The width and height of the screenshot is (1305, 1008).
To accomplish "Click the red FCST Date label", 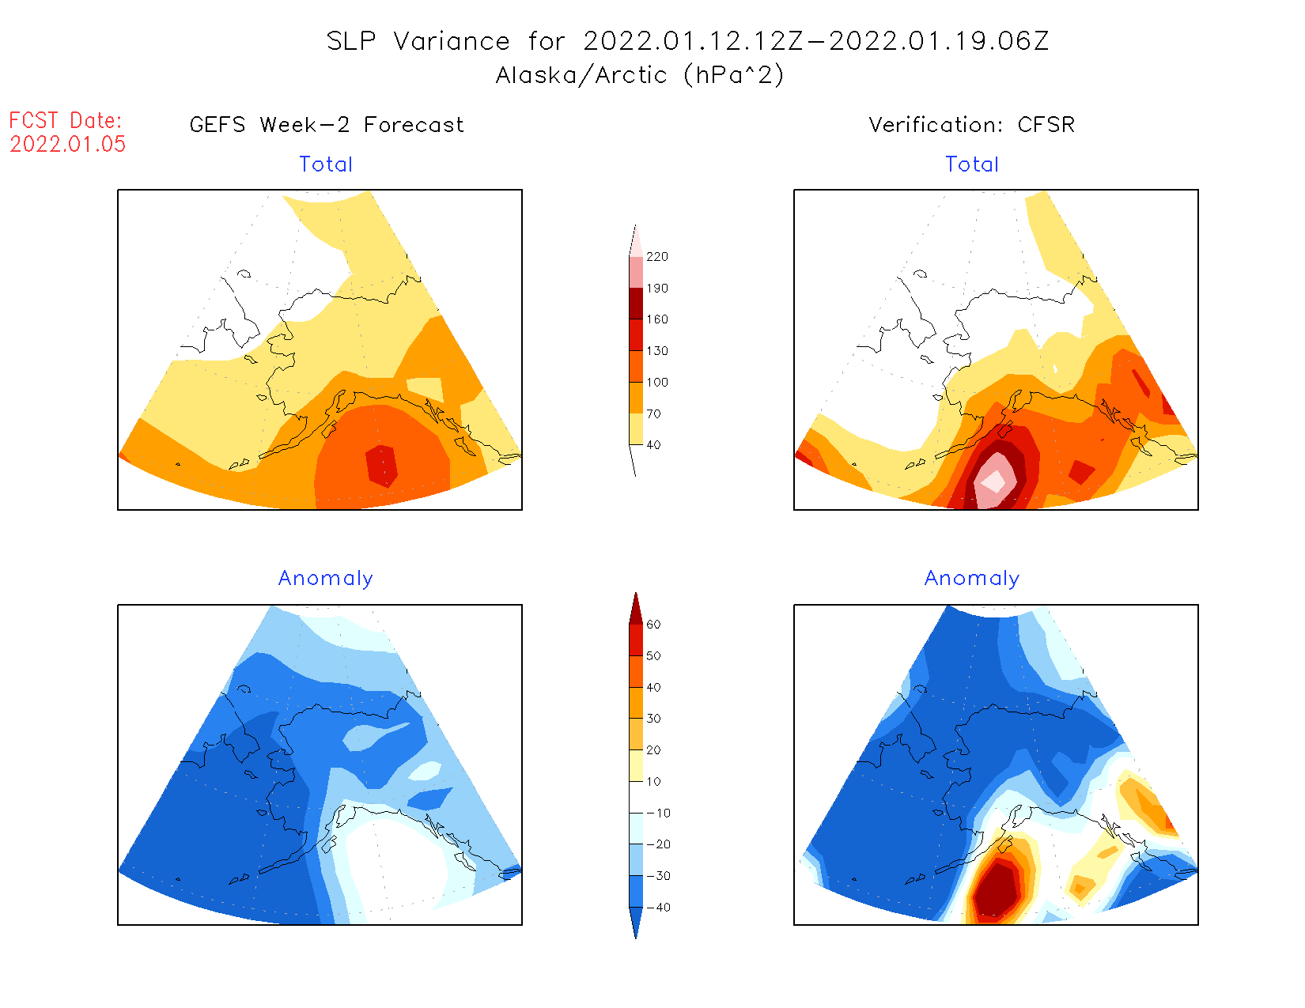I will click(66, 121).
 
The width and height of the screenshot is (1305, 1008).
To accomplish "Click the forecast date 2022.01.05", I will click(68, 144).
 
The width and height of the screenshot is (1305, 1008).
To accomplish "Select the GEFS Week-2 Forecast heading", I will click(327, 125).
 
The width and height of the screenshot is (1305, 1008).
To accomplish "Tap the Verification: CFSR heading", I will click(971, 125).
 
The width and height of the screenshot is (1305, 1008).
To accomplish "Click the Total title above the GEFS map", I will click(326, 164).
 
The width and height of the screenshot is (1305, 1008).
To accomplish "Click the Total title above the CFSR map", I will click(972, 164).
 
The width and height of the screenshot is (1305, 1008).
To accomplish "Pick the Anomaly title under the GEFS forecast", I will click(325, 578).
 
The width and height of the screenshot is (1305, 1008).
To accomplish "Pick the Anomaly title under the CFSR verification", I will click(972, 578).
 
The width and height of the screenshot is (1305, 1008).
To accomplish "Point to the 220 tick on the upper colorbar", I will click(656, 257).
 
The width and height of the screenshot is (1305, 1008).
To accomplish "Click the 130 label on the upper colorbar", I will click(656, 351).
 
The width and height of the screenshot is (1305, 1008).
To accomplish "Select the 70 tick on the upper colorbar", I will click(653, 413).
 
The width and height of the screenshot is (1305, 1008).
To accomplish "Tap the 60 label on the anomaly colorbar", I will click(653, 625).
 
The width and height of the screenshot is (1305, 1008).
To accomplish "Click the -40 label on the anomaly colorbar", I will click(657, 908).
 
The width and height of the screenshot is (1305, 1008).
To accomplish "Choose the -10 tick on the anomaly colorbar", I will click(657, 813).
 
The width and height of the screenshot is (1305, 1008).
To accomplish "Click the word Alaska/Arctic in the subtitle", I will click(581, 75).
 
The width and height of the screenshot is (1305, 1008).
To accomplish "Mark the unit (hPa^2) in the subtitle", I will click(734, 75).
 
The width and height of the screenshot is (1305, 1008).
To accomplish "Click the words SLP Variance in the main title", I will click(418, 41).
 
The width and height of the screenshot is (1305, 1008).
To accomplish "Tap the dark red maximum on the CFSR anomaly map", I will click(995, 889).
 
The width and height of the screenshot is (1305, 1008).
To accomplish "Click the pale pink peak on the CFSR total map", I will click(993, 481).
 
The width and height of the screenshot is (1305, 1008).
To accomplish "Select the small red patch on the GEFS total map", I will click(381, 466).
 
